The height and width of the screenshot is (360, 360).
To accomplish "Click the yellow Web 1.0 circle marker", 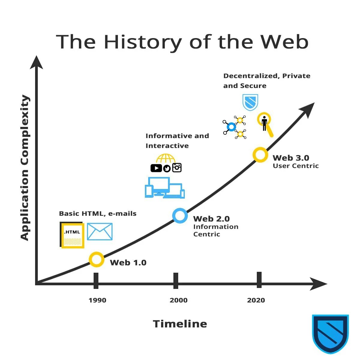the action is [97, 259].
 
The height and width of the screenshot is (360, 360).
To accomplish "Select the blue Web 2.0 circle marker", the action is [180, 216].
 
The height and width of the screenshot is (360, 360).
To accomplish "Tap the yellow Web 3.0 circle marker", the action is [260, 155].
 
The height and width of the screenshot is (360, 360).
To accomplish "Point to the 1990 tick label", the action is [97, 300].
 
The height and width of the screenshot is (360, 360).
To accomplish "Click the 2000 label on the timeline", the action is [178, 300].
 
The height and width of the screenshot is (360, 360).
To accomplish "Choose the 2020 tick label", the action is [256, 300].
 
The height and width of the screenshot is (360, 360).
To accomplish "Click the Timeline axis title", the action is [180, 324].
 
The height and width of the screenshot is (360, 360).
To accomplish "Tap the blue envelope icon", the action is [100, 232].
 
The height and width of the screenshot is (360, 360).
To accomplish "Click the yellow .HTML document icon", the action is [72, 235].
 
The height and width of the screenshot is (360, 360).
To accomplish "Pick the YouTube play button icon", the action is [156, 168].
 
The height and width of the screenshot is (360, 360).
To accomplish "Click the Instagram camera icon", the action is [177, 167].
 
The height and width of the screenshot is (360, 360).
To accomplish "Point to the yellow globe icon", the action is [166, 158].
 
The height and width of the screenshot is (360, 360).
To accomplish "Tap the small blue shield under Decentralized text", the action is [250, 102].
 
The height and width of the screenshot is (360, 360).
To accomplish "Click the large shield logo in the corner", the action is [330, 333].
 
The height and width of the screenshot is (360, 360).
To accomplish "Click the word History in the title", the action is [143, 42].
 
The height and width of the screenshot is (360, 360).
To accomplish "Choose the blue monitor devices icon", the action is [164, 188].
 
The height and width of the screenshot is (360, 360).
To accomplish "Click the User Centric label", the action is [295, 166].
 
